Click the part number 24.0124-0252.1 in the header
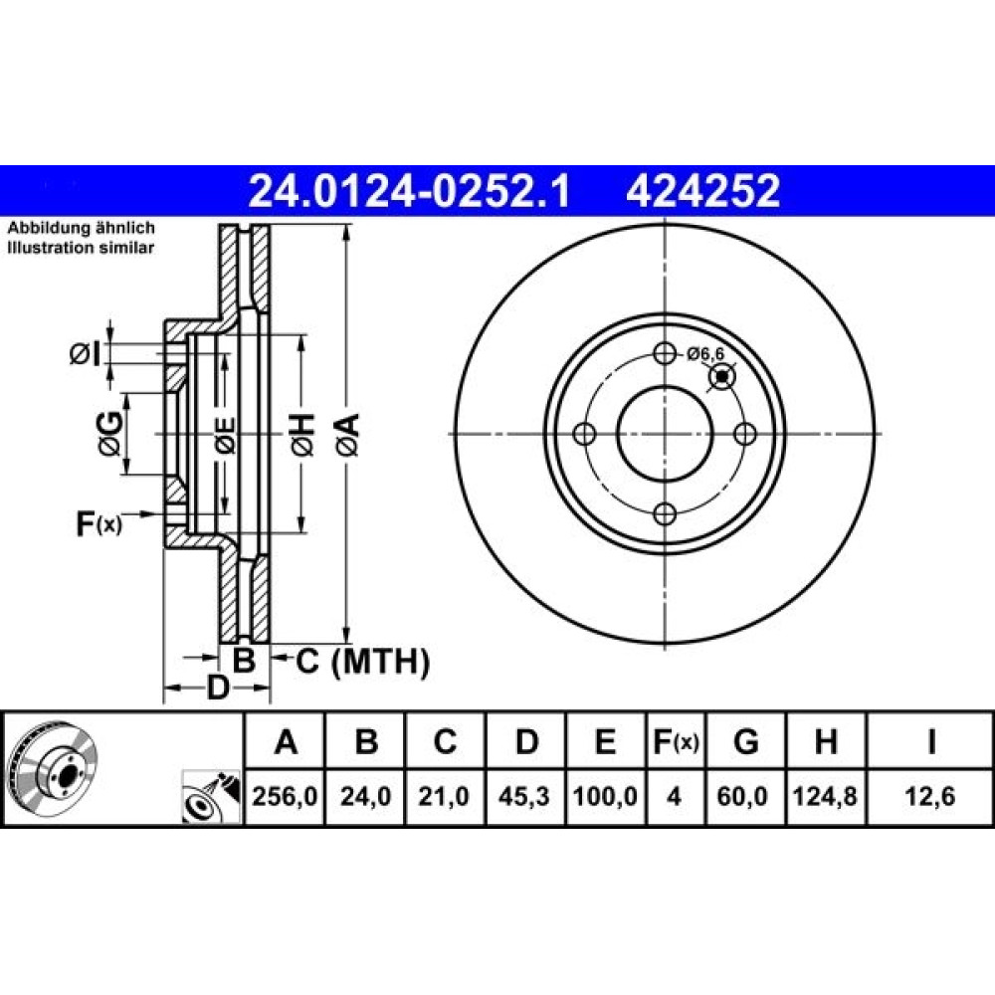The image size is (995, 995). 409,191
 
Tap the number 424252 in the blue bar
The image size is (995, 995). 702,191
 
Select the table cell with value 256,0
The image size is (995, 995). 285,796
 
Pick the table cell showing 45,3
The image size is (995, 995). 524,796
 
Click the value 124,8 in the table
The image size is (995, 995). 826,796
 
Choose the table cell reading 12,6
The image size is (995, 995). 929,796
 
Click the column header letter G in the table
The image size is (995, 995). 745,741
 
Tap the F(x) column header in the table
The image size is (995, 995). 676,741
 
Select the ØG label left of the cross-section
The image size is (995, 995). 110,434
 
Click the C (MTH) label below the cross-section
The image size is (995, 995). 362,662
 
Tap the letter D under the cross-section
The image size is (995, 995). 218,688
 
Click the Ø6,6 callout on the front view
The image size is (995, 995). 705,353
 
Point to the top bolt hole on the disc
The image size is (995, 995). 665,353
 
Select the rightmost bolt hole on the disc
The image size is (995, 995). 745,434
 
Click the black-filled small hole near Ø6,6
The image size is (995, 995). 721,376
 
